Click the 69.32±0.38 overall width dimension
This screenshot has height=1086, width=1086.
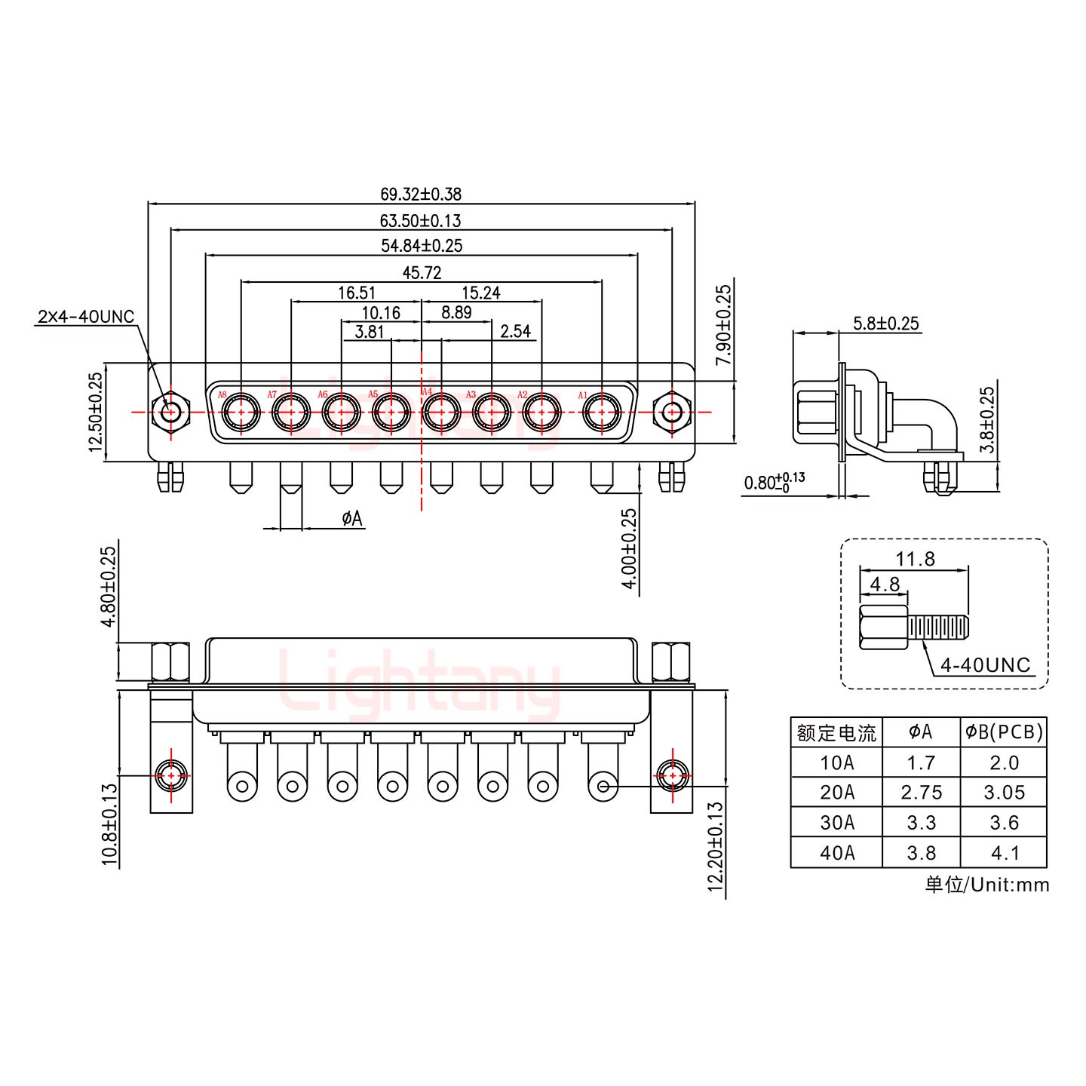tap(421, 194)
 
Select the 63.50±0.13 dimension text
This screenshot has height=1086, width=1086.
tap(421, 221)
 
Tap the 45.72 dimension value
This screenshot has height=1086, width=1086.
tap(421, 272)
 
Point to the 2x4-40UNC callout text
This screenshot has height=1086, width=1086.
tap(85, 317)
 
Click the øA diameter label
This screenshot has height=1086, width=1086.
tap(351, 518)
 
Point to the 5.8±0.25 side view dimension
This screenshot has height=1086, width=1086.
tap(885, 324)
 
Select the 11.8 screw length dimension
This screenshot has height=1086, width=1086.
tap(915, 559)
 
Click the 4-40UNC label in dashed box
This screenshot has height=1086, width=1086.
tap(985, 664)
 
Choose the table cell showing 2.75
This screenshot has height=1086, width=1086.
tap(921, 793)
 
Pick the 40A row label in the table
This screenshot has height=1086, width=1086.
tap(836, 853)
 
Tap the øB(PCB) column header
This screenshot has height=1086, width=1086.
tap(1004, 732)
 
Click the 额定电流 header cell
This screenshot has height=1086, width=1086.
tap(836, 732)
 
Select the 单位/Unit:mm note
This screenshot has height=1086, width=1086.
tap(986, 885)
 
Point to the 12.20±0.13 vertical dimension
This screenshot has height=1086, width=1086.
tap(716, 847)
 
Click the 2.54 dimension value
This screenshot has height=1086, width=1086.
tap(515, 331)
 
